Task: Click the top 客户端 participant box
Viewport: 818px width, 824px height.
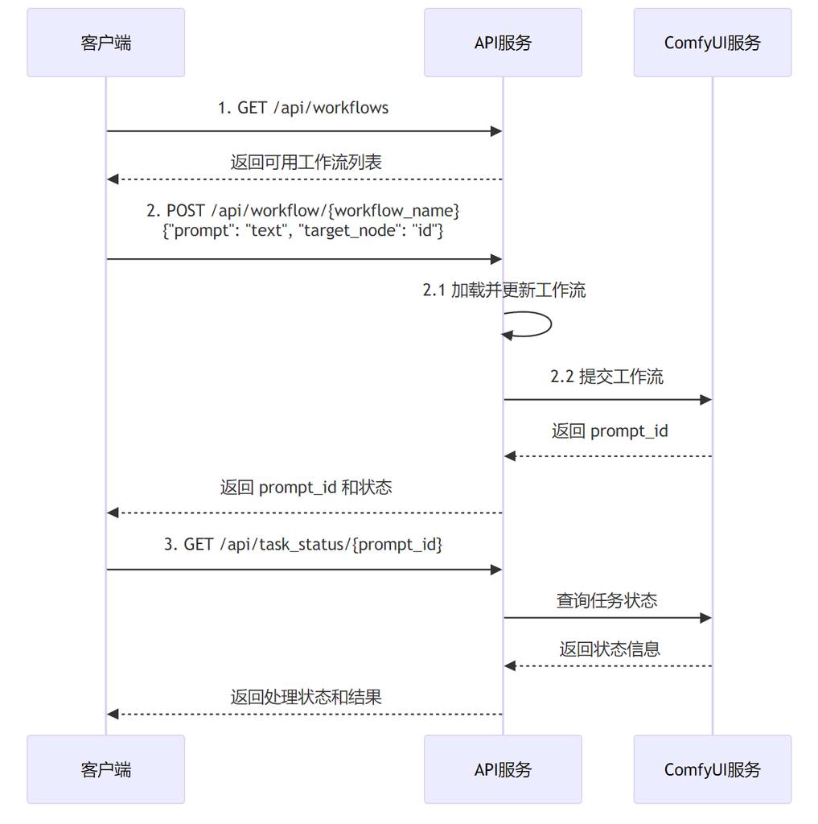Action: pyautogui.click(x=105, y=43)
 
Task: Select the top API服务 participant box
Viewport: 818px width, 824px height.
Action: pyautogui.click(x=503, y=43)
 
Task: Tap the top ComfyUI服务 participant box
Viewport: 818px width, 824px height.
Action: pyautogui.click(x=712, y=43)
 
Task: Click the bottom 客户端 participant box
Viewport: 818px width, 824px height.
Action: pyautogui.click(x=105, y=769)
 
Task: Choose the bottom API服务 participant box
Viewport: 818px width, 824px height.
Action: pyautogui.click(x=503, y=769)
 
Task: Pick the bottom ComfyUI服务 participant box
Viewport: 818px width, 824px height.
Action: pyautogui.click(x=712, y=769)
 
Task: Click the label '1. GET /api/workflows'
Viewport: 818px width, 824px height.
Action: pyautogui.click(x=303, y=108)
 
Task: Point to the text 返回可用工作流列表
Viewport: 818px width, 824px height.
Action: pyautogui.click(x=306, y=162)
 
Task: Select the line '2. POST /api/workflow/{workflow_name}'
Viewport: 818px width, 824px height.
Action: pyautogui.click(x=303, y=211)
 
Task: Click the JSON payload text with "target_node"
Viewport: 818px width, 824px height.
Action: pyautogui.click(x=303, y=231)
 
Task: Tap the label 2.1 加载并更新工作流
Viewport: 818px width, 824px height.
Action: pyautogui.click(x=504, y=290)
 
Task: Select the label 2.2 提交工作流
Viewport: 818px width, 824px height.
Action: pyautogui.click(x=607, y=377)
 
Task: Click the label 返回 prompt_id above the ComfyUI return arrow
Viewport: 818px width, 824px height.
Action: pyautogui.click(x=610, y=431)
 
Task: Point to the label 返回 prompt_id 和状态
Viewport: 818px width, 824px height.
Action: pyautogui.click(x=306, y=488)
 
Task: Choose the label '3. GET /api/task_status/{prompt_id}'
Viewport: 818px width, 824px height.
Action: pyautogui.click(x=303, y=545)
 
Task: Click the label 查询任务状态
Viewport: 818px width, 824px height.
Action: pyautogui.click(x=606, y=600)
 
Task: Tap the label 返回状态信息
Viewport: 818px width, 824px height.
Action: pyautogui.click(x=610, y=649)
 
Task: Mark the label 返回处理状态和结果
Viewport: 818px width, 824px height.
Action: pyautogui.click(x=306, y=697)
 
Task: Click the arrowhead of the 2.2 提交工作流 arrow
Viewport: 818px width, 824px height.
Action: pyautogui.click(x=706, y=400)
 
